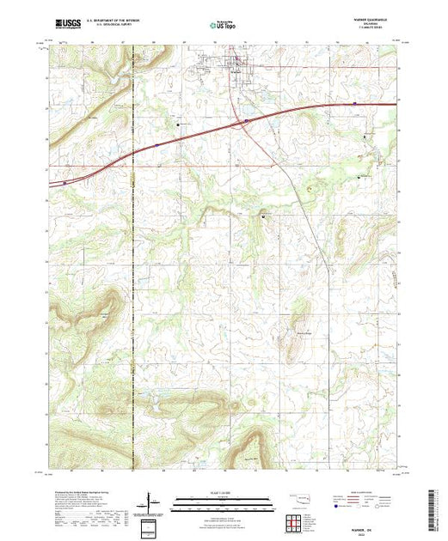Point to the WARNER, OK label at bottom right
371,514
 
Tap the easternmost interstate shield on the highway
355,104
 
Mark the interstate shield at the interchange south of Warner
247,122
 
